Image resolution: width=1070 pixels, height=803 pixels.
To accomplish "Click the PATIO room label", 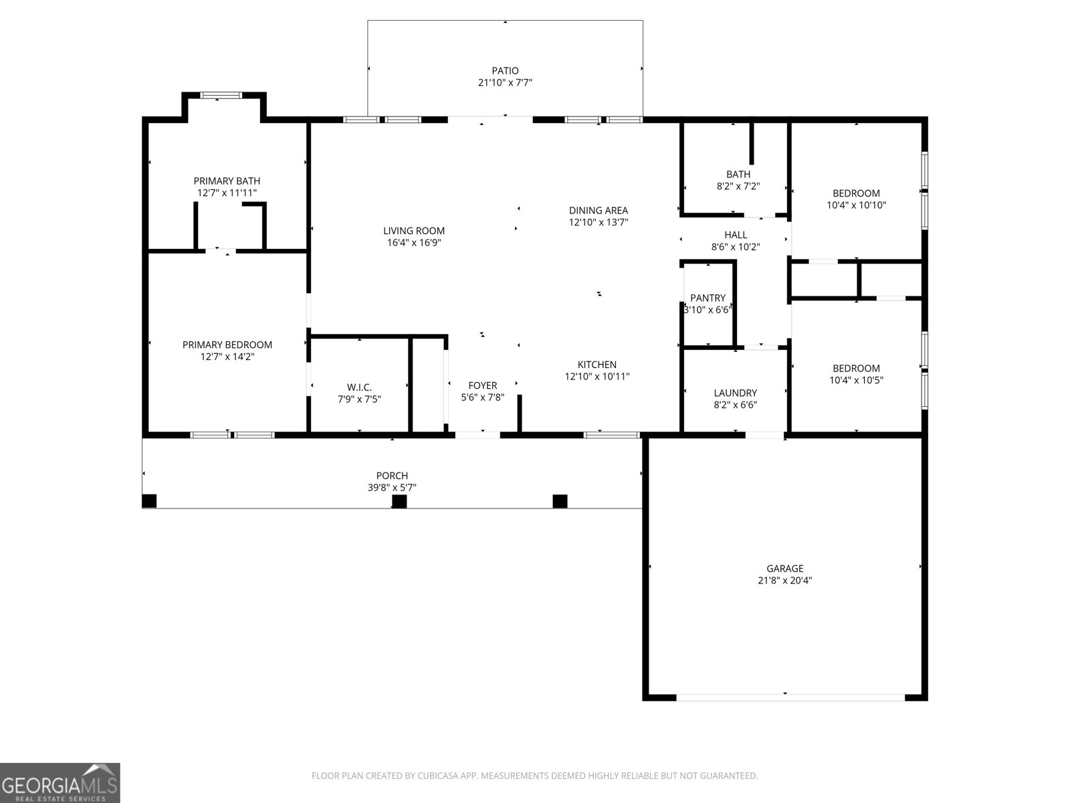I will tap(505, 70).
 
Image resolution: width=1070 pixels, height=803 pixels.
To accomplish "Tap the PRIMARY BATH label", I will tap(227, 181).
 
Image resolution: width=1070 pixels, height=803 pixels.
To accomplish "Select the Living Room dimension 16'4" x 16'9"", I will tap(414, 243).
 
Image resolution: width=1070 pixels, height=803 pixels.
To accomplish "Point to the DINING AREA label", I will tap(599, 210).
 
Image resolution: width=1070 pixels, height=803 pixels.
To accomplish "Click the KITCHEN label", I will tap(597, 365).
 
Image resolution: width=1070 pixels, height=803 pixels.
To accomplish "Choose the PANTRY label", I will tap(708, 298).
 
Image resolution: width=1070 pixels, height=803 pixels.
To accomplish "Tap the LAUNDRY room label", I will tap(735, 393).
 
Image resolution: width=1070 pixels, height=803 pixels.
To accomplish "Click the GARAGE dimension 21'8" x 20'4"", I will tap(785, 581).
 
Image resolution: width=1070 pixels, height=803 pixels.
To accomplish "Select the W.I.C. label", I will tap(359, 387).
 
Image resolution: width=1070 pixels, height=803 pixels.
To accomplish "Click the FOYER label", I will tap(482, 385).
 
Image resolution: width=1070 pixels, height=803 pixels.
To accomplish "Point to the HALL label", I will tap(736, 235).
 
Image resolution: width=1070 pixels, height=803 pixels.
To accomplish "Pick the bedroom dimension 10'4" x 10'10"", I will tap(856, 205).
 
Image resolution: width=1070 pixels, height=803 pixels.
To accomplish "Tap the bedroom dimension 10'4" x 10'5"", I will tap(856, 380).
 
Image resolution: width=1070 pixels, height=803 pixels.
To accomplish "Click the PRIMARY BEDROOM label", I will tap(227, 345).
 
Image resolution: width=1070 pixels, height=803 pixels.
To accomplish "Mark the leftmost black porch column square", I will tap(149, 501).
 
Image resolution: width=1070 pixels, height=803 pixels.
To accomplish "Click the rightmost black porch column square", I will tap(560, 501).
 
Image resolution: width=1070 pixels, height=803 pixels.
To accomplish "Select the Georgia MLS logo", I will tap(60, 783).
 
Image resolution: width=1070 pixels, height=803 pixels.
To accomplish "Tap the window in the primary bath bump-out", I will tap(221, 96).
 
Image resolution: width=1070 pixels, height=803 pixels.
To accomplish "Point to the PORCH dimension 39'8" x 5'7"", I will tap(392, 488).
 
